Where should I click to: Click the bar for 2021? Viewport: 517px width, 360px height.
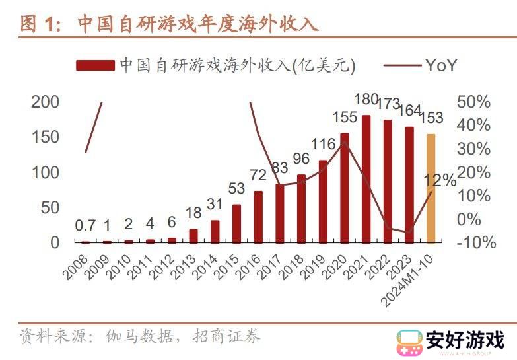pos(366,179)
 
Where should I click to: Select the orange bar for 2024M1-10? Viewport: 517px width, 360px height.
pos(431,188)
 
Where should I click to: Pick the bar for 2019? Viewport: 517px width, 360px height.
pos(323,201)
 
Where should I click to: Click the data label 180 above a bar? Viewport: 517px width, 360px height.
pos(366,100)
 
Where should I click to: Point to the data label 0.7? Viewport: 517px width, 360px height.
pos(85,226)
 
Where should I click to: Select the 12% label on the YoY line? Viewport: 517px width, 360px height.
pos(440,180)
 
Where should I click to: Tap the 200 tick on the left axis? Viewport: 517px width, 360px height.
pos(46,102)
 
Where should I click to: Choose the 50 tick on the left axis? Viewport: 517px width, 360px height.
pos(50,207)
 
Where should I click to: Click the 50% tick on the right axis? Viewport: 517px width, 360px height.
pos(473,102)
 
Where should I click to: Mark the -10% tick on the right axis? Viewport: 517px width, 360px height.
pos(476,242)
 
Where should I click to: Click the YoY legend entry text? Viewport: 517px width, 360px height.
pos(441,65)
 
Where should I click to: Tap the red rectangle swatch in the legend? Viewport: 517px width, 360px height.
pos(96,65)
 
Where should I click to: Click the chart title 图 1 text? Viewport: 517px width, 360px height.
pos(38,24)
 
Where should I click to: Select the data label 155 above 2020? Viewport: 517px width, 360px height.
pos(345,118)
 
